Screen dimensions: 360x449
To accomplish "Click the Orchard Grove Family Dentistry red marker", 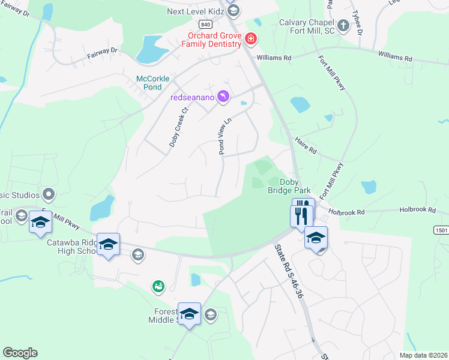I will (251, 40).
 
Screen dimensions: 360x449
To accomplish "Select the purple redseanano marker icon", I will (223, 97).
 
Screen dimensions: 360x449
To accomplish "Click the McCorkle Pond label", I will (153, 83).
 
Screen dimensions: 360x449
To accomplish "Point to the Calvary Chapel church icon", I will (343, 26).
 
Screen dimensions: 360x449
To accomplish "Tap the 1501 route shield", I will (441, 230).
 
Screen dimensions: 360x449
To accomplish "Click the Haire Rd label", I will (306, 146).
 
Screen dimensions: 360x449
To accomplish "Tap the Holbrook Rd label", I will (347, 212).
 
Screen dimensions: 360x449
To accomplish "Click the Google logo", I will (20, 353).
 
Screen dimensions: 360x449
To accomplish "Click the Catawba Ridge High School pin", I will (108, 245).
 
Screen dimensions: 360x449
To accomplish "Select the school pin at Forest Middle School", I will (189, 314).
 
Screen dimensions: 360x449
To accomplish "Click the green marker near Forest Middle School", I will (158, 287).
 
